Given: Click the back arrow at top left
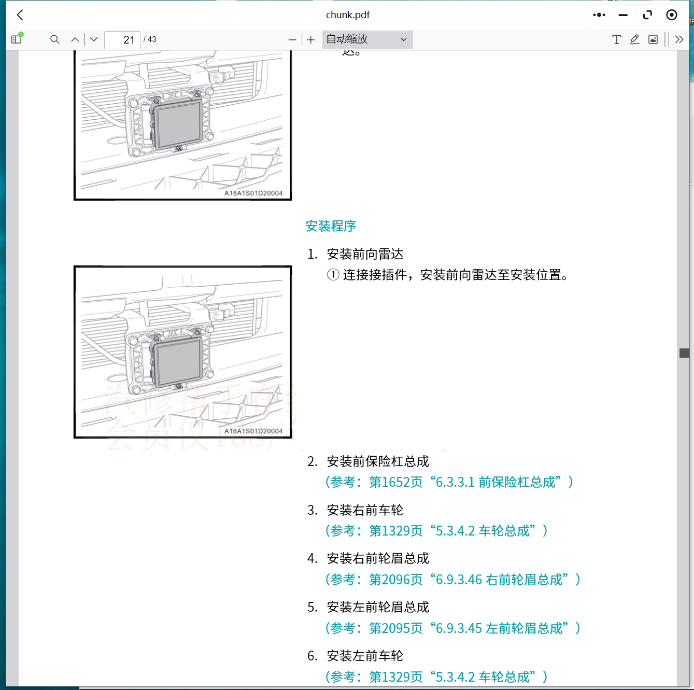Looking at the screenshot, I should coord(20,15).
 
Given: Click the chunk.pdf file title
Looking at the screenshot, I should coord(347,15).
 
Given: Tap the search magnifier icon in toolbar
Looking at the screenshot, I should coord(54,39).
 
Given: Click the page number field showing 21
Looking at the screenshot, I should coord(122,40).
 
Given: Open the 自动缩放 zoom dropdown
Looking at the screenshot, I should coord(367,39).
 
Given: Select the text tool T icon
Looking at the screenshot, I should coord(616,39).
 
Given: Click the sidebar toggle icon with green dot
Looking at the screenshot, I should coord(16,39).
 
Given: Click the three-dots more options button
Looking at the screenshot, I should coord(599,15).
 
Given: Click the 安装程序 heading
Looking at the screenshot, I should coord(331,226).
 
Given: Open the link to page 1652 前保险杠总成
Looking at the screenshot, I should coord(449,482).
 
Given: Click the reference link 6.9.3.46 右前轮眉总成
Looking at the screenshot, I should coord(452,579).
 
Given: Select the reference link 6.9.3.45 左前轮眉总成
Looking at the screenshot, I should coord(452,628).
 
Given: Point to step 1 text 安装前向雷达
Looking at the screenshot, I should coord(364,254).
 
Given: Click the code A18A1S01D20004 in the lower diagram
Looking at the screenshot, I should coord(253,431).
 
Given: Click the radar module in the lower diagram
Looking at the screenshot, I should coord(177,360).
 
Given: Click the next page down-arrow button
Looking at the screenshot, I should coord(94,39).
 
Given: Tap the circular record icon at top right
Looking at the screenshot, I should coord(671,15).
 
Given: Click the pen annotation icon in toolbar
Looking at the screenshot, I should coord(634,39).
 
